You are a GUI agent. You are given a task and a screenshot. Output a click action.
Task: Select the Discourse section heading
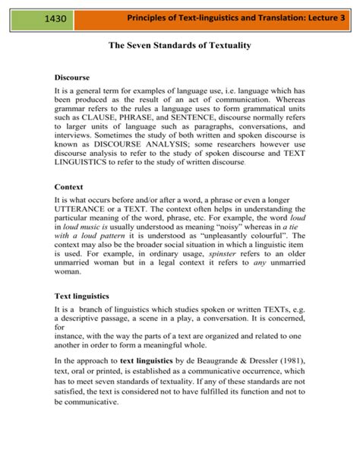point(72,78)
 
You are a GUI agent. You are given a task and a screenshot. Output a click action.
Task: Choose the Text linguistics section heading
point(82,295)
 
